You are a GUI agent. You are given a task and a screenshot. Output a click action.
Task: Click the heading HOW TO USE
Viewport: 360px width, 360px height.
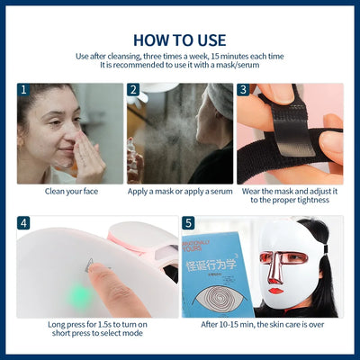pyautogui.click(x=179, y=40)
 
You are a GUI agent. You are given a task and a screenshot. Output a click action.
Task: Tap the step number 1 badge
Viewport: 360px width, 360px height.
pyautogui.click(x=24, y=91)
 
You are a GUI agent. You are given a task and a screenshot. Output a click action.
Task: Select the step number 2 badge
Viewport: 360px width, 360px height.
pyautogui.click(x=134, y=91)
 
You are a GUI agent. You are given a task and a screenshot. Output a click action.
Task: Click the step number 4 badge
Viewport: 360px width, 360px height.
pyautogui.click(x=24, y=222)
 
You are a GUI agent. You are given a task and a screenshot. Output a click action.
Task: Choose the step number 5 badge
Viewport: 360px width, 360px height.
pyautogui.click(x=188, y=222)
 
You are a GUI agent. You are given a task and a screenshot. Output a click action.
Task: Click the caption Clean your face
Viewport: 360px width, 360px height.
pyautogui.click(x=70, y=192)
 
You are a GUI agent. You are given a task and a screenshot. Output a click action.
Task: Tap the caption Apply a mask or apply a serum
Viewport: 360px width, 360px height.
pyautogui.click(x=180, y=192)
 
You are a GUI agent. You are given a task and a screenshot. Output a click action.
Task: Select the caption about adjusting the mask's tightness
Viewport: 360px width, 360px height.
pyautogui.click(x=289, y=196)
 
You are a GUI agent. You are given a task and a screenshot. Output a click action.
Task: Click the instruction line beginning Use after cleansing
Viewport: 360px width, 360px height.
pyautogui.click(x=179, y=57)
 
